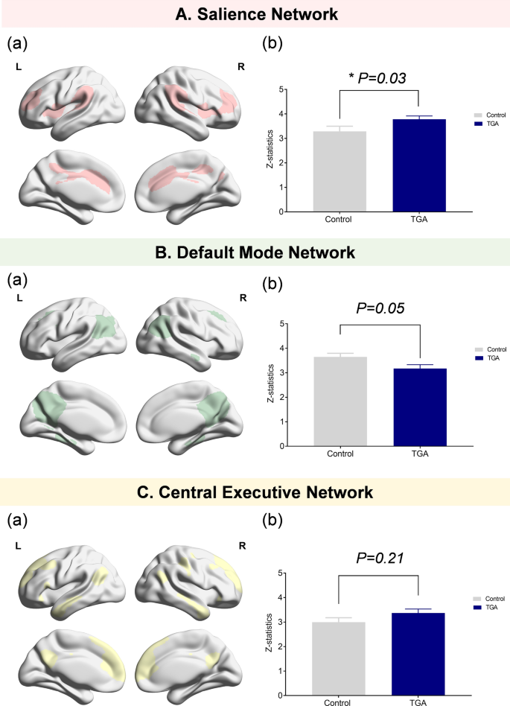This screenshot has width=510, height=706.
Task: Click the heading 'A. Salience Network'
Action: click(255, 13)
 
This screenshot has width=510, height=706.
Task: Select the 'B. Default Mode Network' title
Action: click(255, 253)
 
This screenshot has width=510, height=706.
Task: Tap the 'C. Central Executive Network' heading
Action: click(255, 492)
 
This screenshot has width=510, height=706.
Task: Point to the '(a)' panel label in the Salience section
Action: click(17, 43)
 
